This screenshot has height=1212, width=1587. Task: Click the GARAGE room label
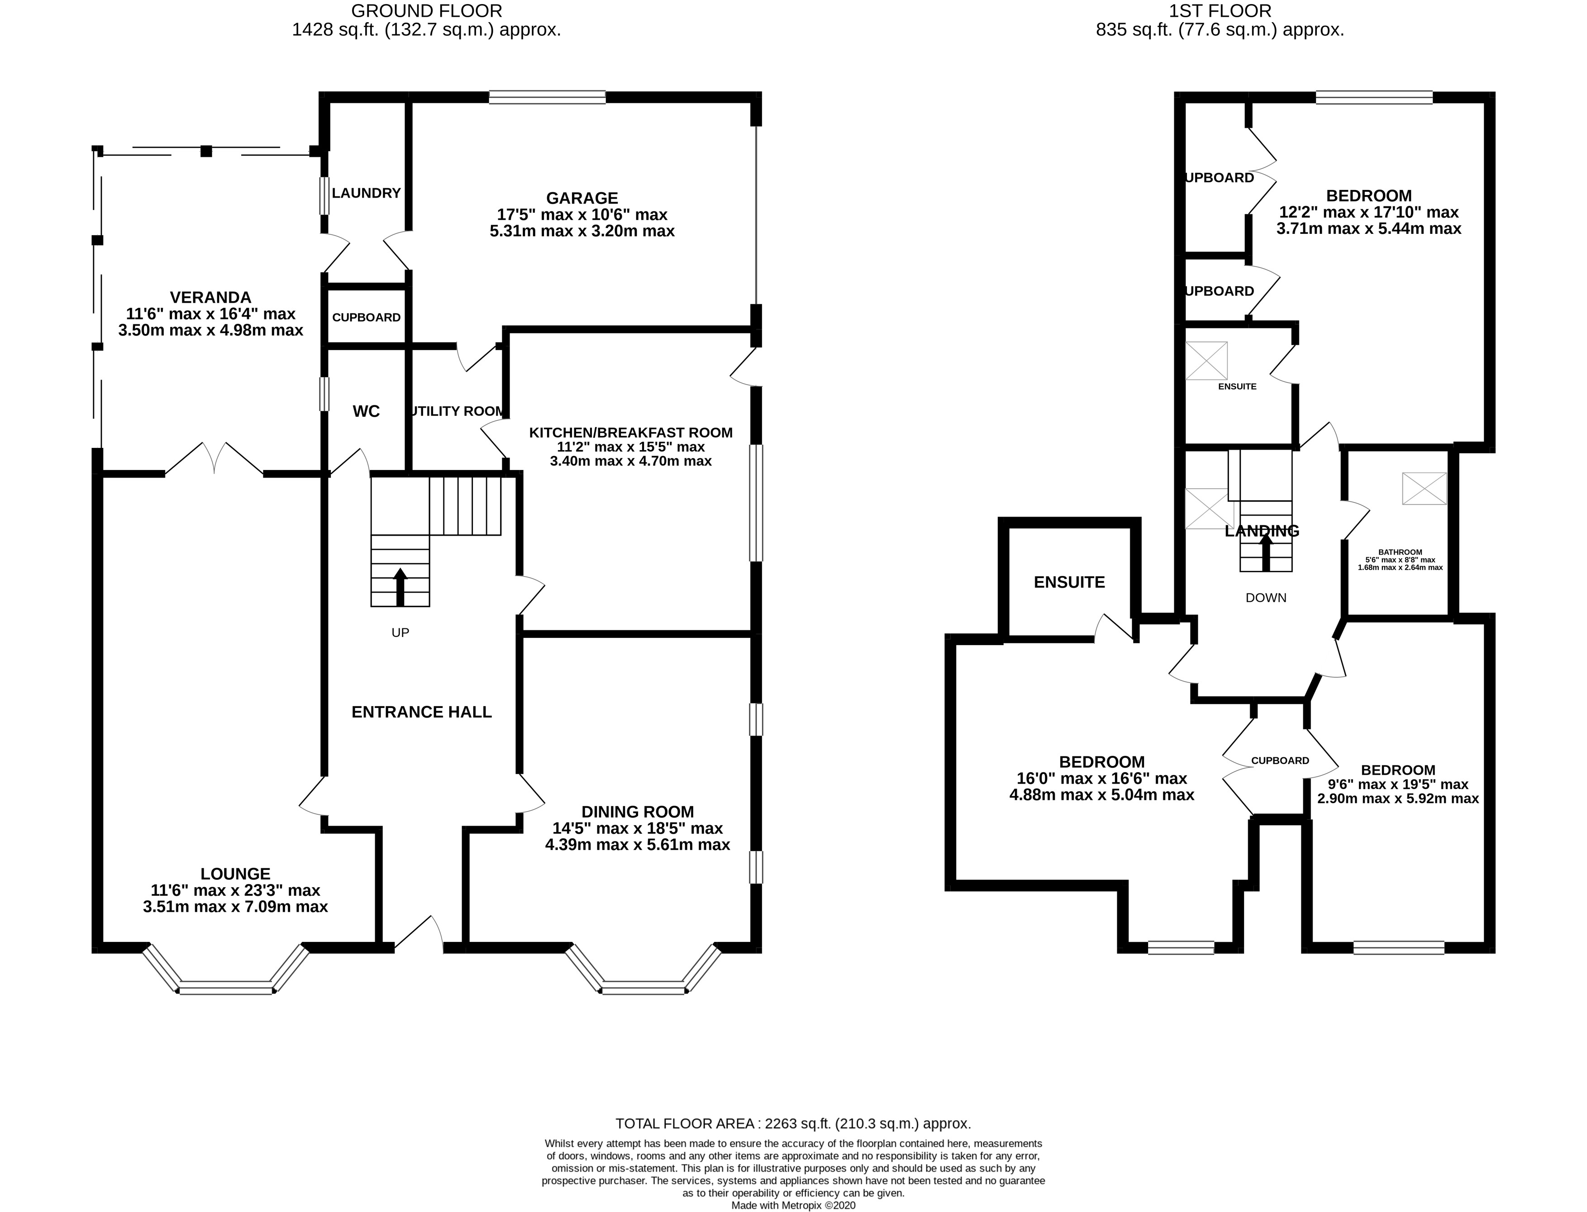pos(581,198)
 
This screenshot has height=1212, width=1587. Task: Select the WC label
pos(366,411)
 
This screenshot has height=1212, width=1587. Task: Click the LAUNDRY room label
pos(366,193)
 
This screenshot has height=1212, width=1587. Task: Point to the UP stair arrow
pos(400,586)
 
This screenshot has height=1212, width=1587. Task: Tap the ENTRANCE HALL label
pos(421,712)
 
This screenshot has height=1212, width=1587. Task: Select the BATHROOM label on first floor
pos(1399,552)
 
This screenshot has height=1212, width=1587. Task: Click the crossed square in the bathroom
pos(1424,489)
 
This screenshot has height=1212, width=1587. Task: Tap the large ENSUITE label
pos(1069,582)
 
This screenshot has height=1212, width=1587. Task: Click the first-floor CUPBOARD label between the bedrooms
pos(1280,760)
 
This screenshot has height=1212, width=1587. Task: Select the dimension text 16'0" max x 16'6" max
pos(1101,779)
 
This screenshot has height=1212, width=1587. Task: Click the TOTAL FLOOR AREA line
pos(792,1123)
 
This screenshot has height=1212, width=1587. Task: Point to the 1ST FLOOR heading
pos(1220,11)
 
